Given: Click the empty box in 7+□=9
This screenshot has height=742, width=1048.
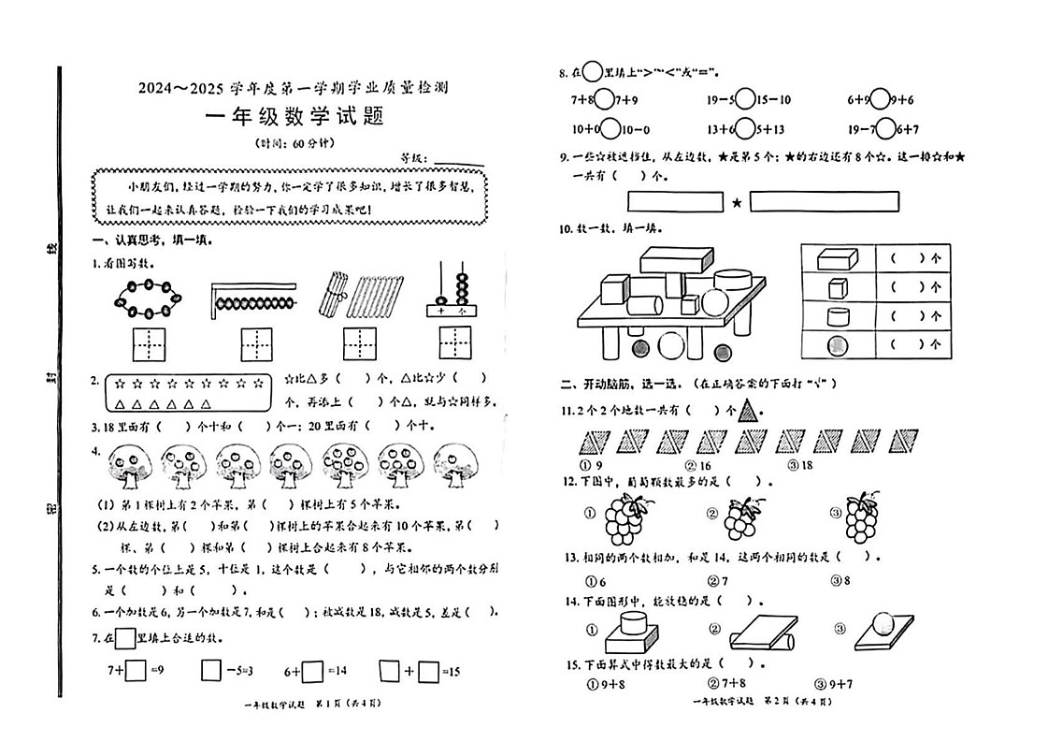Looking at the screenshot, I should [136, 670].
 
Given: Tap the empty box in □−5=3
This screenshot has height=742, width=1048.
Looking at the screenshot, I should [211, 670].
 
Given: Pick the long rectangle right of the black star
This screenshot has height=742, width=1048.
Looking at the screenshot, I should [824, 201].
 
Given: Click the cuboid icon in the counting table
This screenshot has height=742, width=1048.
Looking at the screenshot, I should [837, 258].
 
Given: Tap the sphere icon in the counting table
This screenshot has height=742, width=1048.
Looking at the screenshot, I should [838, 344].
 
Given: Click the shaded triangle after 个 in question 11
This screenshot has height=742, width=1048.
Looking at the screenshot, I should [748, 410].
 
